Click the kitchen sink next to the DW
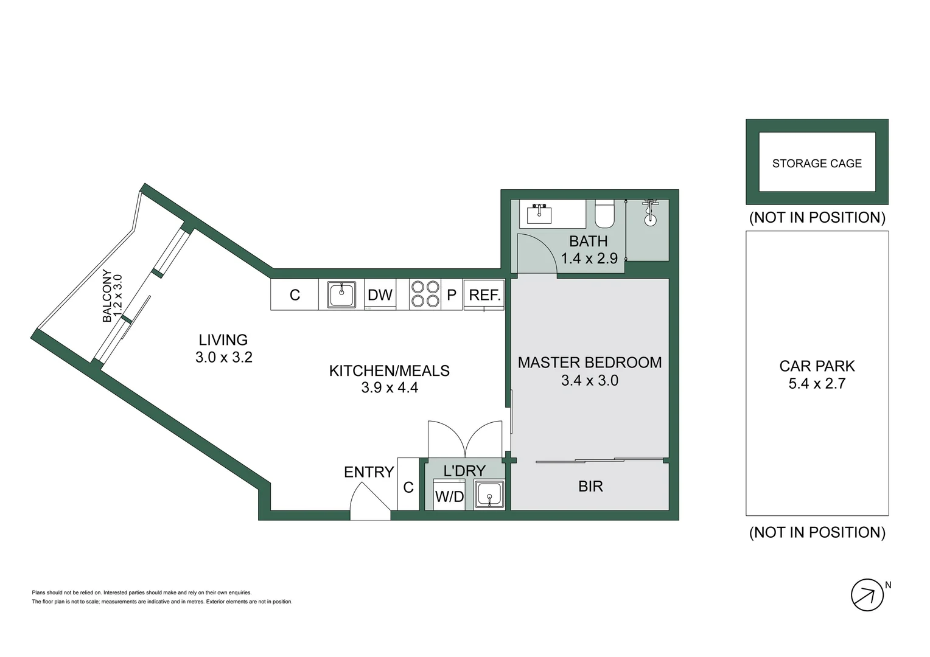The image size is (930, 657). tap(341, 295)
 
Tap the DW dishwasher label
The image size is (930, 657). tap(380, 295)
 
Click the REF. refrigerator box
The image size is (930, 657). tap(484, 295)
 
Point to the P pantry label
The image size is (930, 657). tap(452, 295)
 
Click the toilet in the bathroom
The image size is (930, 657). tap(606, 214)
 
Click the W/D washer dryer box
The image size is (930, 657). tap(449, 496)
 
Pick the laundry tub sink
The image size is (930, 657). tap(489, 494)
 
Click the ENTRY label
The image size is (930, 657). tap(369, 472)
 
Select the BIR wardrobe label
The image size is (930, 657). tap(590, 486)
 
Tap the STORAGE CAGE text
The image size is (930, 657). tap(817, 164)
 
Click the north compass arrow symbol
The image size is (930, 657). tap(867, 595)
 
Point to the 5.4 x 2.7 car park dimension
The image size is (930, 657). tap(817, 384)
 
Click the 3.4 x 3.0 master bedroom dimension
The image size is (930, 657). tap(589, 381)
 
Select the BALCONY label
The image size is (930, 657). tap(107, 296)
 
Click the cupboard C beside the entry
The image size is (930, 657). tap(408, 487)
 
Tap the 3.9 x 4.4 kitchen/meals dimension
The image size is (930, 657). tap(390, 388)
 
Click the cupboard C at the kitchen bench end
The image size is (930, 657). tap(295, 295)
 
